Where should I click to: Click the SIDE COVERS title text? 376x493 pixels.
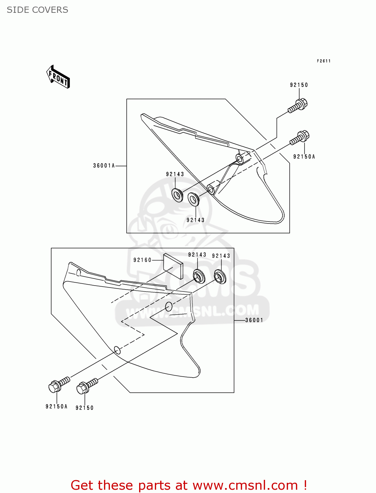click(x=37, y=10)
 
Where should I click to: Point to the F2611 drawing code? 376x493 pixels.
click(x=324, y=61)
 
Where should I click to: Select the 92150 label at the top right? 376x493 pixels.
click(x=299, y=85)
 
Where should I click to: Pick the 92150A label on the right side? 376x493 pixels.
click(x=304, y=157)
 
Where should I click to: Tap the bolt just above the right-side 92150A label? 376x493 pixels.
click(x=300, y=138)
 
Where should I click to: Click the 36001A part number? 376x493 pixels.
click(x=104, y=166)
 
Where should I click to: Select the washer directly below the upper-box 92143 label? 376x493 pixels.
click(x=178, y=195)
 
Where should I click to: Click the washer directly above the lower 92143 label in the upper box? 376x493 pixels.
click(x=194, y=199)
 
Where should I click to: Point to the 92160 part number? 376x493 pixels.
click(x=142, y=260)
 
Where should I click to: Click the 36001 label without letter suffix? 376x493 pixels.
click(x=254, y=320)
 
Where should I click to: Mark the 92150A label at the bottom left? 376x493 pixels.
click(x=56, y=407)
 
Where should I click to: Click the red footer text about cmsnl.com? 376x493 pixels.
click(x=189, y=485)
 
